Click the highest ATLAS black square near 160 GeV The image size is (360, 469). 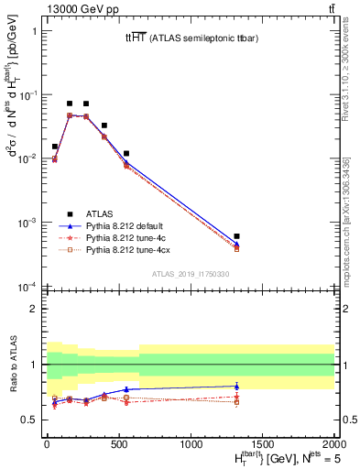70,104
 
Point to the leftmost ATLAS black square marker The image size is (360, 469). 55,146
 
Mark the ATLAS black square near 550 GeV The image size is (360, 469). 126,153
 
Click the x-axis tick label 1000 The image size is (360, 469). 191,442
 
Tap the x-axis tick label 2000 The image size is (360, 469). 335,442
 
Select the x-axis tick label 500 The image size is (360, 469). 119,442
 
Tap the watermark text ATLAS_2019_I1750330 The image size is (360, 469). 190,274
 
